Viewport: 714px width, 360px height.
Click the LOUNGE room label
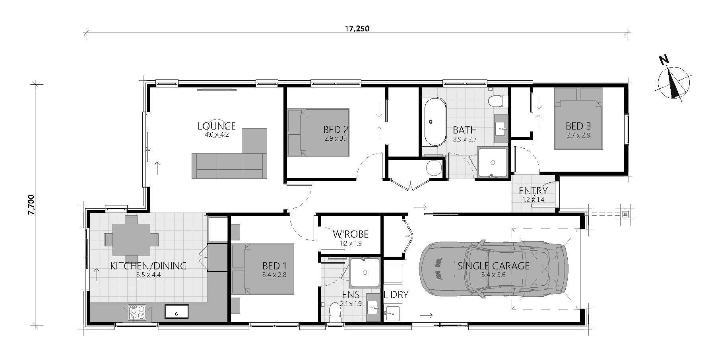217,126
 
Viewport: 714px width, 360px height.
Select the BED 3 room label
578,126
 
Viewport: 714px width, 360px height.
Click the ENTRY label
533,191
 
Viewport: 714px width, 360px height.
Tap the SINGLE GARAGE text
493,266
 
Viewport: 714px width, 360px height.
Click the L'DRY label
396,294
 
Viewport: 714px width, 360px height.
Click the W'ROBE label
351,234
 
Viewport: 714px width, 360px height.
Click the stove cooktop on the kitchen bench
137,312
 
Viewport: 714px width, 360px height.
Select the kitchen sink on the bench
177,311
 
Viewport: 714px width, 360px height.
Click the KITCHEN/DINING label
148,266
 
